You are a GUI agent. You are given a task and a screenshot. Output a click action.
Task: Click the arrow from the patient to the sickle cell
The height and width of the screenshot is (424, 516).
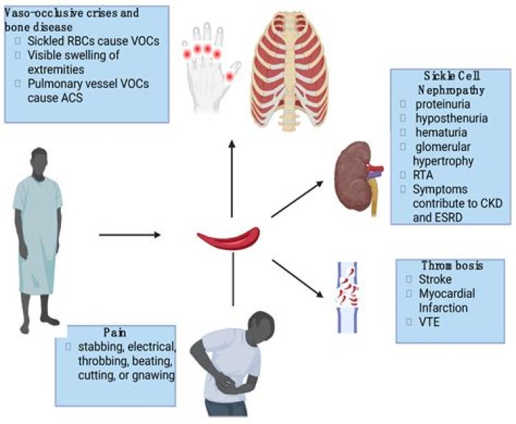129,234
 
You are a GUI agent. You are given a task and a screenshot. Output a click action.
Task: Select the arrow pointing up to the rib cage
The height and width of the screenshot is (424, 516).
231,176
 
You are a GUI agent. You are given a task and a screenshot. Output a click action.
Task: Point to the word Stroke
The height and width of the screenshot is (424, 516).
429,279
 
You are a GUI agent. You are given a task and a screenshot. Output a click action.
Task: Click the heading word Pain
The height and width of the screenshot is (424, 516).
116,332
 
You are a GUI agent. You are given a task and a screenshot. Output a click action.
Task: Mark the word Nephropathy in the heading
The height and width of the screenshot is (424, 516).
449,91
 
